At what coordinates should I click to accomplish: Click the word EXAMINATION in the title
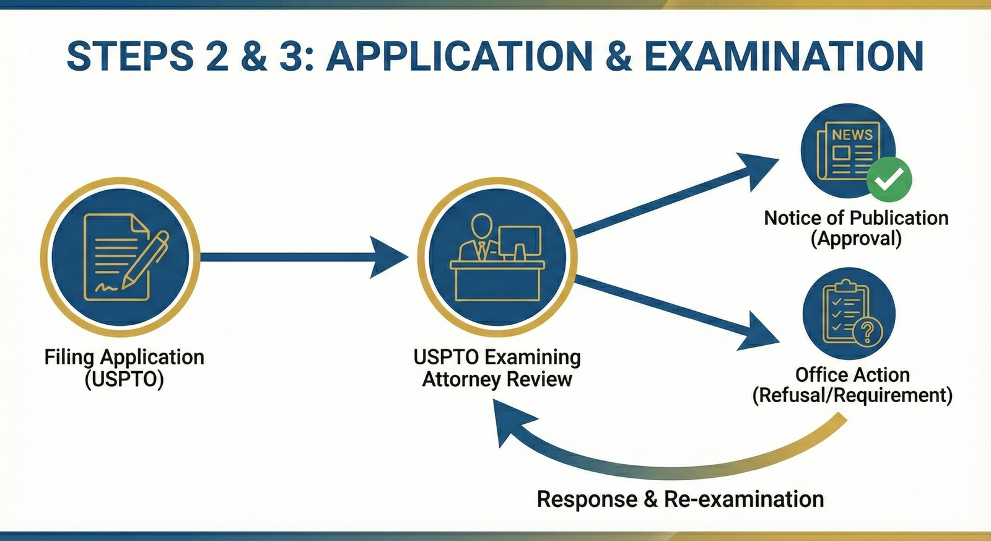pos(784,56)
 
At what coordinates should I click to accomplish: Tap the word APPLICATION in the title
pos(460,56)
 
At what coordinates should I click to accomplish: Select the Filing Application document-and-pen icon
pos(120,257)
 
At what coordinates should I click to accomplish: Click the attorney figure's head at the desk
pos(481,225)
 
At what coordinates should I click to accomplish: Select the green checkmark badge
pos(889,180)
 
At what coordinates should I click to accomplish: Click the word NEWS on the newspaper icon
pos(852,134)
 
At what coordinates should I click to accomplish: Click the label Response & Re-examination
pos(679,499)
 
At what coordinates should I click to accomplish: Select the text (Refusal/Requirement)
pos(852,395)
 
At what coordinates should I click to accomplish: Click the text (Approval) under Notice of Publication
pos(856,239)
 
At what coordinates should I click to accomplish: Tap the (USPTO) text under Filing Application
pos(124,379)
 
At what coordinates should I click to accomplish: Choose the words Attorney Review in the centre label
pos(497,379)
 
